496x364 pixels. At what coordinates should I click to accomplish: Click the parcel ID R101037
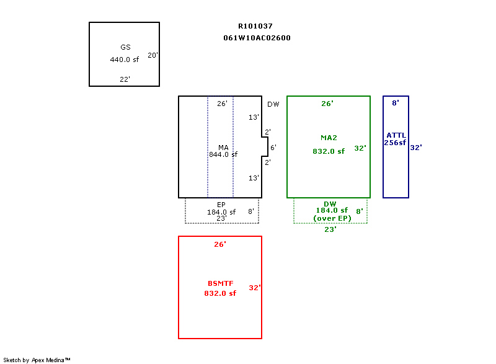click(x=255, y=26)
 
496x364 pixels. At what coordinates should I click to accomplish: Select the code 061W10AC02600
click(x=257, y=38)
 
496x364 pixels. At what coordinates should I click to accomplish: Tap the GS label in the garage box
click(x=125, y=47)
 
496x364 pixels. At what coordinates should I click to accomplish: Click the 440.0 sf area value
click(x=124, y=60)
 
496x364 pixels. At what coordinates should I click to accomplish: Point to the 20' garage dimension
click(x=153, y=55)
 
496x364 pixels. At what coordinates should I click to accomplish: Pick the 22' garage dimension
click(x=125, y=79)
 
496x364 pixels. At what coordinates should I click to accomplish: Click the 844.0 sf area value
click(x=223, y=154)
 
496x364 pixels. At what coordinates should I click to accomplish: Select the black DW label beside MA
click(x=273, y=104)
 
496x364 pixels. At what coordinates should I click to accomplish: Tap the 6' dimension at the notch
click(x=273, y=148)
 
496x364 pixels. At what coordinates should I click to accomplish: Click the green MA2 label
click(x=328, y=137)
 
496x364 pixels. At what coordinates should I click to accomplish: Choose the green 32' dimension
click(x=360, y=148)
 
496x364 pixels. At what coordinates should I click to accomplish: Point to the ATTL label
click(x=396, y=135)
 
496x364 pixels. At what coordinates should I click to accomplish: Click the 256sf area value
click(x=395, y=143)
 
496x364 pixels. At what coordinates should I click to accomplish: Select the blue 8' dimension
click(x=395, y=103)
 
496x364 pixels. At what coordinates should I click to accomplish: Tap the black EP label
click(x=221, y=205)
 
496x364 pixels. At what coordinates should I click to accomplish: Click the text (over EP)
click(x=332, y=218)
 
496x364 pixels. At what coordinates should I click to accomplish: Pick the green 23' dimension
click(x=330, y=229)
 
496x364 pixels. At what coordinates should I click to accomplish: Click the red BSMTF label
click(x=220, y=283)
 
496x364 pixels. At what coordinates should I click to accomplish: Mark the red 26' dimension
click(x=220, y=244)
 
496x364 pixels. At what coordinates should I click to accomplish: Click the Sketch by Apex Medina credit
click(x=37, y=360)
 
